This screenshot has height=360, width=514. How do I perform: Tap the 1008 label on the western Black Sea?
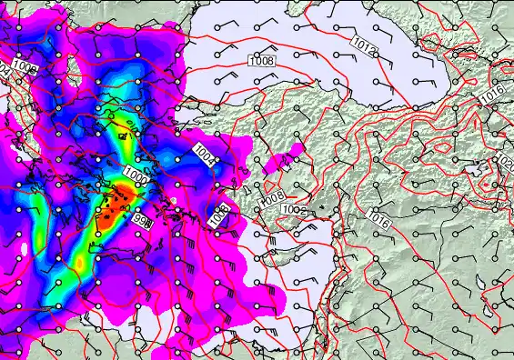(260, 60)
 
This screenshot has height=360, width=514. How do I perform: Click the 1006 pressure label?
(25, 68)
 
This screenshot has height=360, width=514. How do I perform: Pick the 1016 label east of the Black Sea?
(492, 94)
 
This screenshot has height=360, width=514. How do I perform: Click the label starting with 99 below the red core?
(144, 221)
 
